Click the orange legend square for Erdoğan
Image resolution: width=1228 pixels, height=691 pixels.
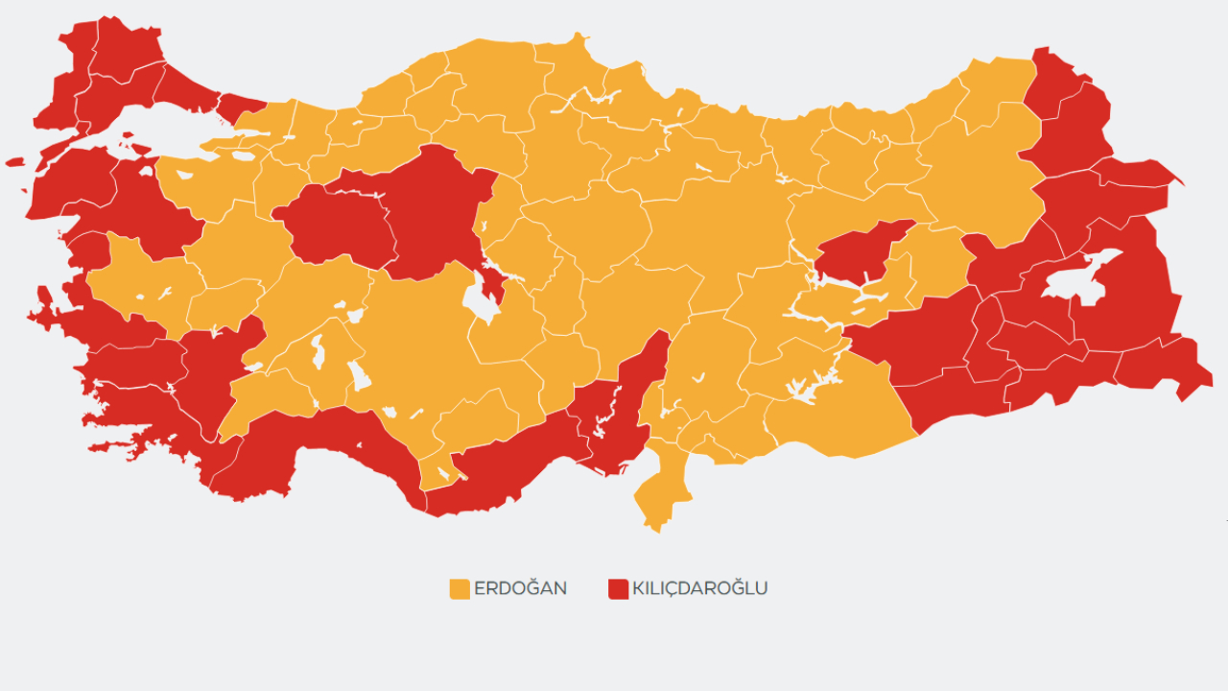[460, 588]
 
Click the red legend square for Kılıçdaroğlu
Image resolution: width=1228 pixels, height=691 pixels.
[618, 588]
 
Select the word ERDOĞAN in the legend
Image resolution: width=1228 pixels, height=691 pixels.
[520, 588]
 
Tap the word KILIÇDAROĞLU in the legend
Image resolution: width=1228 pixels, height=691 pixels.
[699, 588]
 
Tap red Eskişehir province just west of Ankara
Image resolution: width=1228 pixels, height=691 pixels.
[336, 226]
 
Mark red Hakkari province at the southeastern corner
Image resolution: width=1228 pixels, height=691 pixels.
[1166, 365]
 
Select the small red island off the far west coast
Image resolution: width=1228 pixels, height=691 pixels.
[14, 162]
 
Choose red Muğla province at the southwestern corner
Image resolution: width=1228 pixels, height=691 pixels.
[144, 403]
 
